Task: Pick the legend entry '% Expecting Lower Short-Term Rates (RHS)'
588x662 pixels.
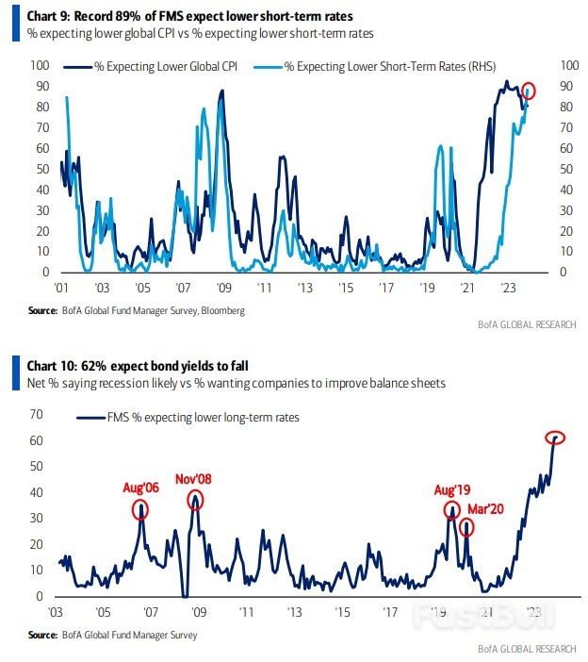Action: coord(386,68)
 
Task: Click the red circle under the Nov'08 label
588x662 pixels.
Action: coord(195,500)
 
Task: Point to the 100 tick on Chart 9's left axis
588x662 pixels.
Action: coord(40,65)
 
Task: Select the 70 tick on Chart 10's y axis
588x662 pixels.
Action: coord(39,414)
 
